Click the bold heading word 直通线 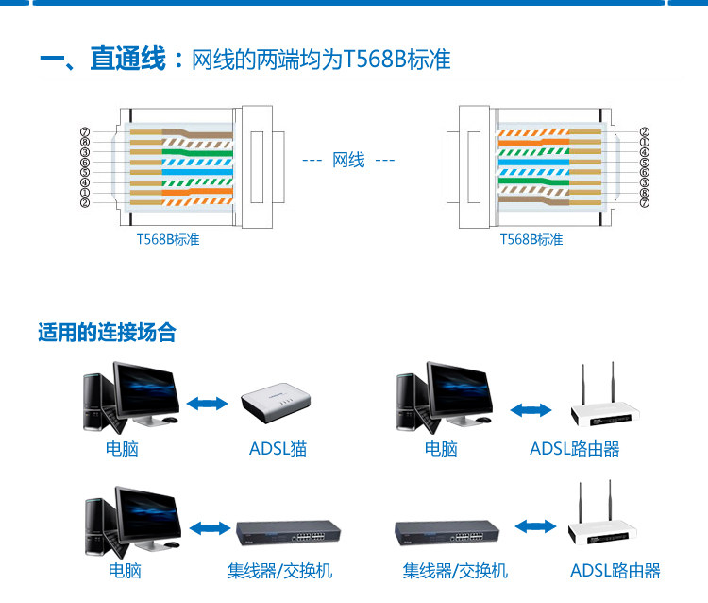pyautogui.click(x=127, y=59)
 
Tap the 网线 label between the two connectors pyautogui.click(x=348, y=160)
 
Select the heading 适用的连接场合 pyautogui.click(x=107, y=333)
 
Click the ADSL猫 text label pyautogui.click(x=278, y=448)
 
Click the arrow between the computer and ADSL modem pyautogui.click(x=208, y=404)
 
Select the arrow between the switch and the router pyautogui.click(x=535, y=526)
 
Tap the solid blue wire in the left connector pyautogui.click(x=197, y=172)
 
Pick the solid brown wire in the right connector pyautogui.click(x=533, y=200)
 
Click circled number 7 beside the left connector pyautogui.click(x=85, y=132)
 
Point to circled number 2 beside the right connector pyautogui.click(x=645, y=132)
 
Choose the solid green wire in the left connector pyautogui.click(x=197, y=152)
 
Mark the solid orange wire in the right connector pyautogui.click(x=533, y=142)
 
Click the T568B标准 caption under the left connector pyautogui.click(x=168, y=239)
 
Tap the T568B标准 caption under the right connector pyautogui.click(x=531, y=239)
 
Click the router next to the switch pyautogui.click(x=602, y=520)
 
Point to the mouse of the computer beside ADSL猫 pyautogui.click(x=169, y=420)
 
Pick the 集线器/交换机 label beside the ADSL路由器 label pyautogui.click(x=455, y=571)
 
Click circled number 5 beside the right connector pyautogui.click(x=645, y=163)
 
